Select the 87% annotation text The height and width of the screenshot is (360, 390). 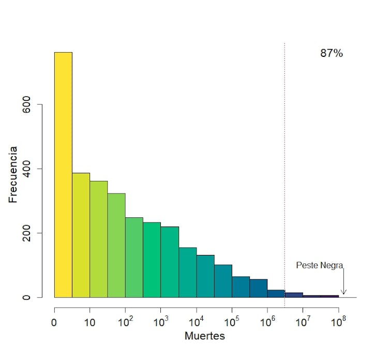click(332, 53)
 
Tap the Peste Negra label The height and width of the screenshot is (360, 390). click(319, 265)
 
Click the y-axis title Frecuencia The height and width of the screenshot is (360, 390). click(13, 174)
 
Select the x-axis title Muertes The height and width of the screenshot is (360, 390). click(204, 336)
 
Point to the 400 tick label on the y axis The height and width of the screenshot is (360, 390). click(29, 169)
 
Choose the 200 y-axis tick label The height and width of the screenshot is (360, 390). click(29, 233)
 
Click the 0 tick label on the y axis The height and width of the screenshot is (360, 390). click(29, 297)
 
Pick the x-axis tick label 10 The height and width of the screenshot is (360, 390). click(89, 323)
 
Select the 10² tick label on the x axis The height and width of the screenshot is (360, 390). click(125, 322)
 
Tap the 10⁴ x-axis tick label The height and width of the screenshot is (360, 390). click(196, 322)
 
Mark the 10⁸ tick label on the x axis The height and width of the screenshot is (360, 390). click(338, 322)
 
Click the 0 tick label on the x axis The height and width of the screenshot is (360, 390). click(54, 323)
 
